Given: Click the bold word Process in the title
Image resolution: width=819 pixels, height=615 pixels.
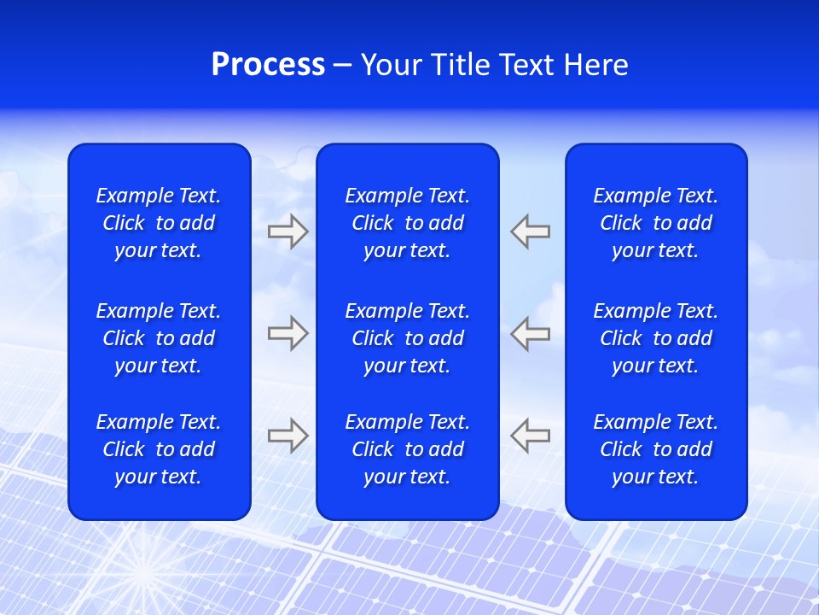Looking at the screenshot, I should coord(268,65).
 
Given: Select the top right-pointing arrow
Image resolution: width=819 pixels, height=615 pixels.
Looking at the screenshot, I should coord(288,231).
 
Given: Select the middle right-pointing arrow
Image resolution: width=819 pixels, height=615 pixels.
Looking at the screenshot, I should coord(288,333).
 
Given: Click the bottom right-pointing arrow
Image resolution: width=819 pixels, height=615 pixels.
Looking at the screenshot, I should coord(288,435).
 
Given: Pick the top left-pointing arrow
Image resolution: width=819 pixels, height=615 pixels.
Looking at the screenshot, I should coord(530,231).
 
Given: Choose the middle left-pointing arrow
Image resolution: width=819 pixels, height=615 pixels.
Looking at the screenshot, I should coord(530,333).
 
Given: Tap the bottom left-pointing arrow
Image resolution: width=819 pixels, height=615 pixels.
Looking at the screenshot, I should coord(530,435).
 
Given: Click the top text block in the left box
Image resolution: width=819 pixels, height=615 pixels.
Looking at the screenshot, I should coord(159,223).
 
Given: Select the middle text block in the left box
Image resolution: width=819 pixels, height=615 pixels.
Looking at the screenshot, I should coord(159,338).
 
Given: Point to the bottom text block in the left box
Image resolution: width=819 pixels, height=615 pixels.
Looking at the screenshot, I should coord(159,449).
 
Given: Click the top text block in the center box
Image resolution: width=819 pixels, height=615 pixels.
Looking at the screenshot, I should coord(408,223).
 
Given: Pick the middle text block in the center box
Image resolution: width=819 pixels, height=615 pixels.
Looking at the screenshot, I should coord(408,338).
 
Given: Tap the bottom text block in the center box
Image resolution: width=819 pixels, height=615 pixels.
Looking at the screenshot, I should coord(408,449).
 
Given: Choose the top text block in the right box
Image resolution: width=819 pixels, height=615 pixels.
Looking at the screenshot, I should coord(656,223).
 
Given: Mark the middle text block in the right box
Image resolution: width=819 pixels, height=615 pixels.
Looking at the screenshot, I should coord(656,338).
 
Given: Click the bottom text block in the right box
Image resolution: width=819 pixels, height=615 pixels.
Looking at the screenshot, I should coord(656,449).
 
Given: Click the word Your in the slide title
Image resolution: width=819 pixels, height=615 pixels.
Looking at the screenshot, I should coord(392,65).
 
